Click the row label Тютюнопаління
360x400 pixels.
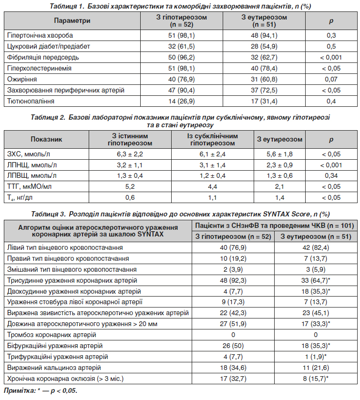coord(31,101)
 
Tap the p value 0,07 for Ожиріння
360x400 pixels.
coord(331,79)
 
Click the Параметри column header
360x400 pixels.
coord(72,21)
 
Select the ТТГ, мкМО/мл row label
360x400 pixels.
coord(30,187)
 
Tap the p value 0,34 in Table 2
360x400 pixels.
coord(331,176)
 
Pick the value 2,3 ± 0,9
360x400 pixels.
coord(279,165)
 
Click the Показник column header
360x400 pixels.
coord(46,139)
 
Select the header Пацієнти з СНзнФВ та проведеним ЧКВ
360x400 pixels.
coord(274,226)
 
